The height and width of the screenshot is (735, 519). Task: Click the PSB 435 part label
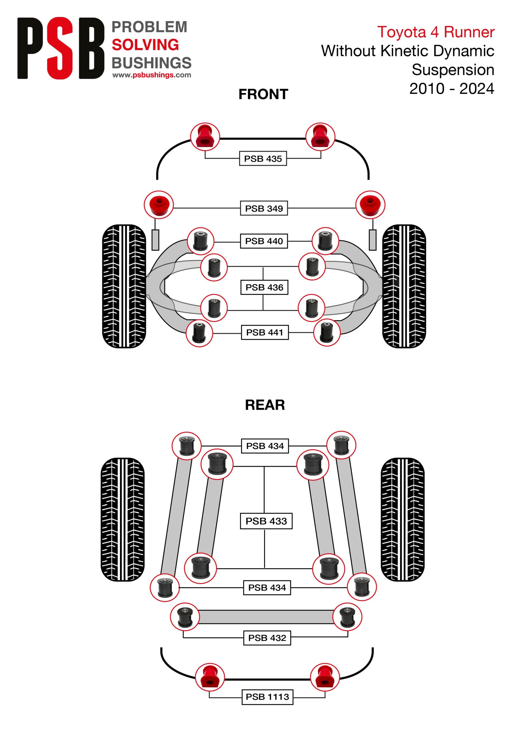coord(263,158)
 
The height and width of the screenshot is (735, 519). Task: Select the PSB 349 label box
coord(264,208)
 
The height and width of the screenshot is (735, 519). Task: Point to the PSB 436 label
coord(264,287)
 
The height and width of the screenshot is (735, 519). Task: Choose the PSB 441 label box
coord(265,332)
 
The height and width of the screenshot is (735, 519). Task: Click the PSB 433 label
coord(266,521)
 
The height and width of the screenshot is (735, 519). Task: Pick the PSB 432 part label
coord(267,638)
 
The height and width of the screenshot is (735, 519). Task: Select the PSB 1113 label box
coord(267,697)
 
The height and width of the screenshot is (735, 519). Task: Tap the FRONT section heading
coord(264,94)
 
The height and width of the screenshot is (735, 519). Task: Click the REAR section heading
coord(265,405)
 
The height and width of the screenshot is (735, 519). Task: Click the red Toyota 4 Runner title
coord(436,32)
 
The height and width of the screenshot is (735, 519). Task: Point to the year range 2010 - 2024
coord(452,88)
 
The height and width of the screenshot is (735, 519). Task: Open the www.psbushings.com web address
coord(152,75)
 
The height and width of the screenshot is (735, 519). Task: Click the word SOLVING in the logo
coord(145,45)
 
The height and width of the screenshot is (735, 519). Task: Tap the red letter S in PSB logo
coord(60,48)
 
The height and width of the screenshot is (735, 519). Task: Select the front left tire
coord(124,286)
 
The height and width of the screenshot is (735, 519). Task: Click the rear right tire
coord(403,519)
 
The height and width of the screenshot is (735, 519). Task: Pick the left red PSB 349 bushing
coord(159,205)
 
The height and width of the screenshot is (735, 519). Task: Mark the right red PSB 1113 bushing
coord(325,677)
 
